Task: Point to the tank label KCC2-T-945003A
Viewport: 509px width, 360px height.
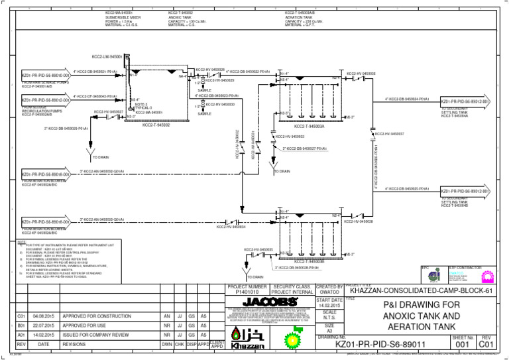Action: [308, 125]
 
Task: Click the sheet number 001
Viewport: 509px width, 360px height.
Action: [463, 345]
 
